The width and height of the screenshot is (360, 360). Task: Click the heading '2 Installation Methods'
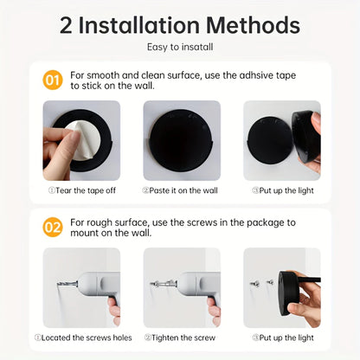180,25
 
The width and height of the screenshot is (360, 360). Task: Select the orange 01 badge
53,81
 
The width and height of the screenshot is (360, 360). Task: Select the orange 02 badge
53,228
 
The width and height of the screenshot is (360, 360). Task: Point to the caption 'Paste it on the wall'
180,190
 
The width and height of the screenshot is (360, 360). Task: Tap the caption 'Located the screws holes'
83,337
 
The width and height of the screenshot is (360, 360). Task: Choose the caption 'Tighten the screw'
180,337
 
